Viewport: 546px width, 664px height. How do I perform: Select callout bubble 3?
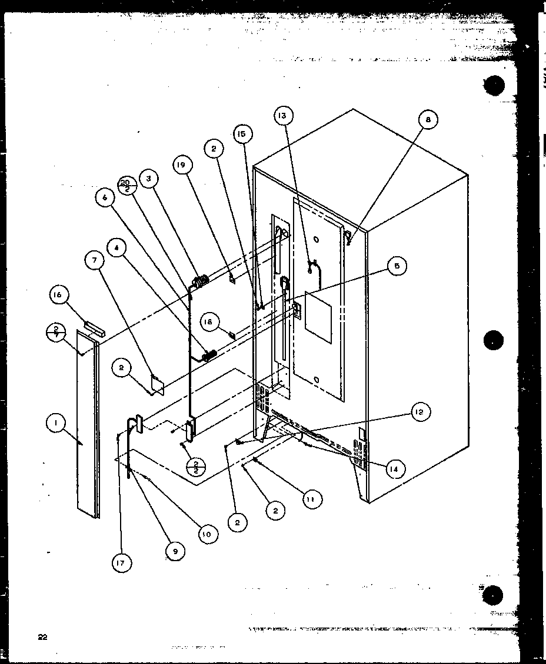[x=149, y=180]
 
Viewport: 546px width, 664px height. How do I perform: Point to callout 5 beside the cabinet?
[x=397, y=266]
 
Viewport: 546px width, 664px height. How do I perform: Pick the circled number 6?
[x=105, y=199]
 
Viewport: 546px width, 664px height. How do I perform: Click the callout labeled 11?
[x=312, y=500]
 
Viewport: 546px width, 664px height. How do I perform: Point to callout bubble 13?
[x=282, y=116]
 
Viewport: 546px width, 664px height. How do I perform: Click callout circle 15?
[x=242, y=134]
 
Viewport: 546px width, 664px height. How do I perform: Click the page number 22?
[x=42, y=636]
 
